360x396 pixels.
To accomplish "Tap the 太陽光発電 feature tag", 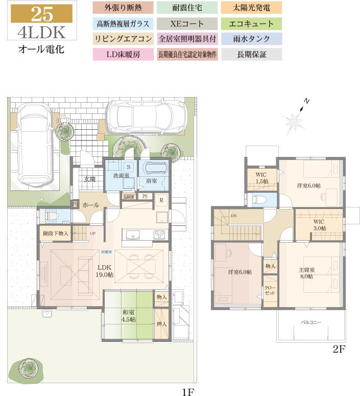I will point(253,8).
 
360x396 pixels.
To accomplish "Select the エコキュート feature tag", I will point(253,24).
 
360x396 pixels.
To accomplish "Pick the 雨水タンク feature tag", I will point(253,39).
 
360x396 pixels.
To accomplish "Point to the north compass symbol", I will point(295,120).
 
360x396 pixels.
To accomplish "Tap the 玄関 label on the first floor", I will point(90,179).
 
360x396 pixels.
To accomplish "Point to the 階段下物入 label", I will point(55,233).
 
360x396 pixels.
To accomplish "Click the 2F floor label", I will point(339,351).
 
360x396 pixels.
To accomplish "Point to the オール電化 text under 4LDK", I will point(40,51).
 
